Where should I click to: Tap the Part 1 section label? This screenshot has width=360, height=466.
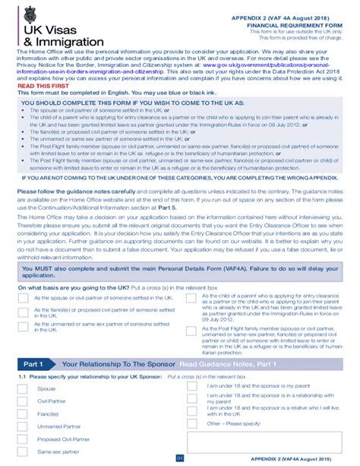34,364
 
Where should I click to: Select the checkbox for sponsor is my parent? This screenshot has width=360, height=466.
193,386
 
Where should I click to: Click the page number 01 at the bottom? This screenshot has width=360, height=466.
180,458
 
